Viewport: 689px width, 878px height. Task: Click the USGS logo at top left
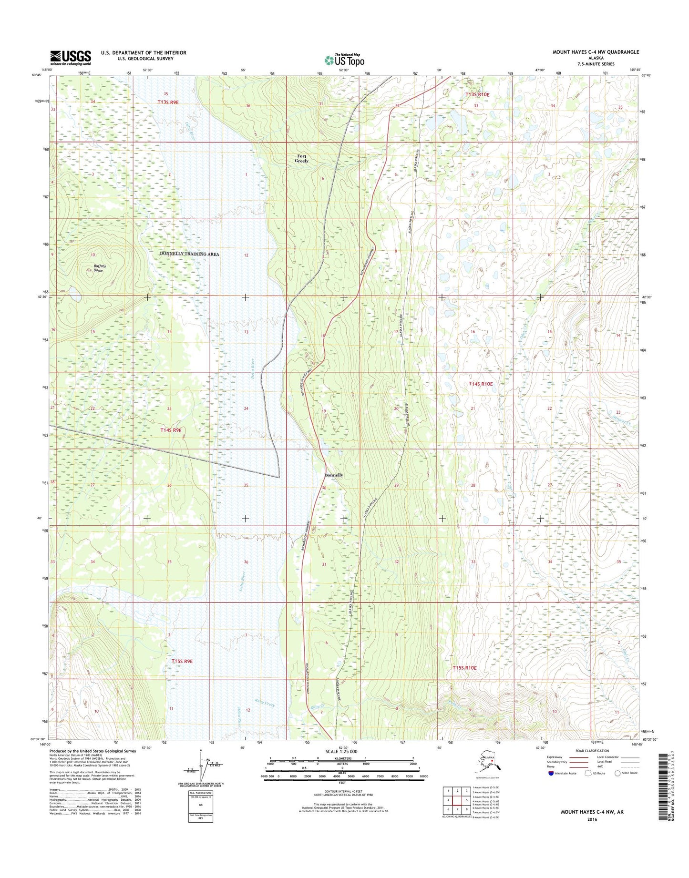pyautogui.click(x=71, y=58)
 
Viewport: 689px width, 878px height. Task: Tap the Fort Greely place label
pyautogui.click(x=302, y=159)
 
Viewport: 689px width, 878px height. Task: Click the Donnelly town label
pyautogui.click(x=333, y=475)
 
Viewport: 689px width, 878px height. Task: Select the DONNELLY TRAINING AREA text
pyautogui.click(x=189, y=254)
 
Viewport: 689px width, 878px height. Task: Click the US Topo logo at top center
pyautogui.click(x=344, y=60)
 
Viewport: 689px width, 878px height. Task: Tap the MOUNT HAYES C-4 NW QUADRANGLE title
pyautogui.click(x=596, y=52)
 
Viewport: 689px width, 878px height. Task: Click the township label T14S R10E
pyautogui.click(x=480, y=384)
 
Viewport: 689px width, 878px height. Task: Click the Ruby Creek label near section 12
pyautogui.click(x=265, y=704)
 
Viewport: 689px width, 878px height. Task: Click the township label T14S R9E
pyautogui.click(x=171, y=430)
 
